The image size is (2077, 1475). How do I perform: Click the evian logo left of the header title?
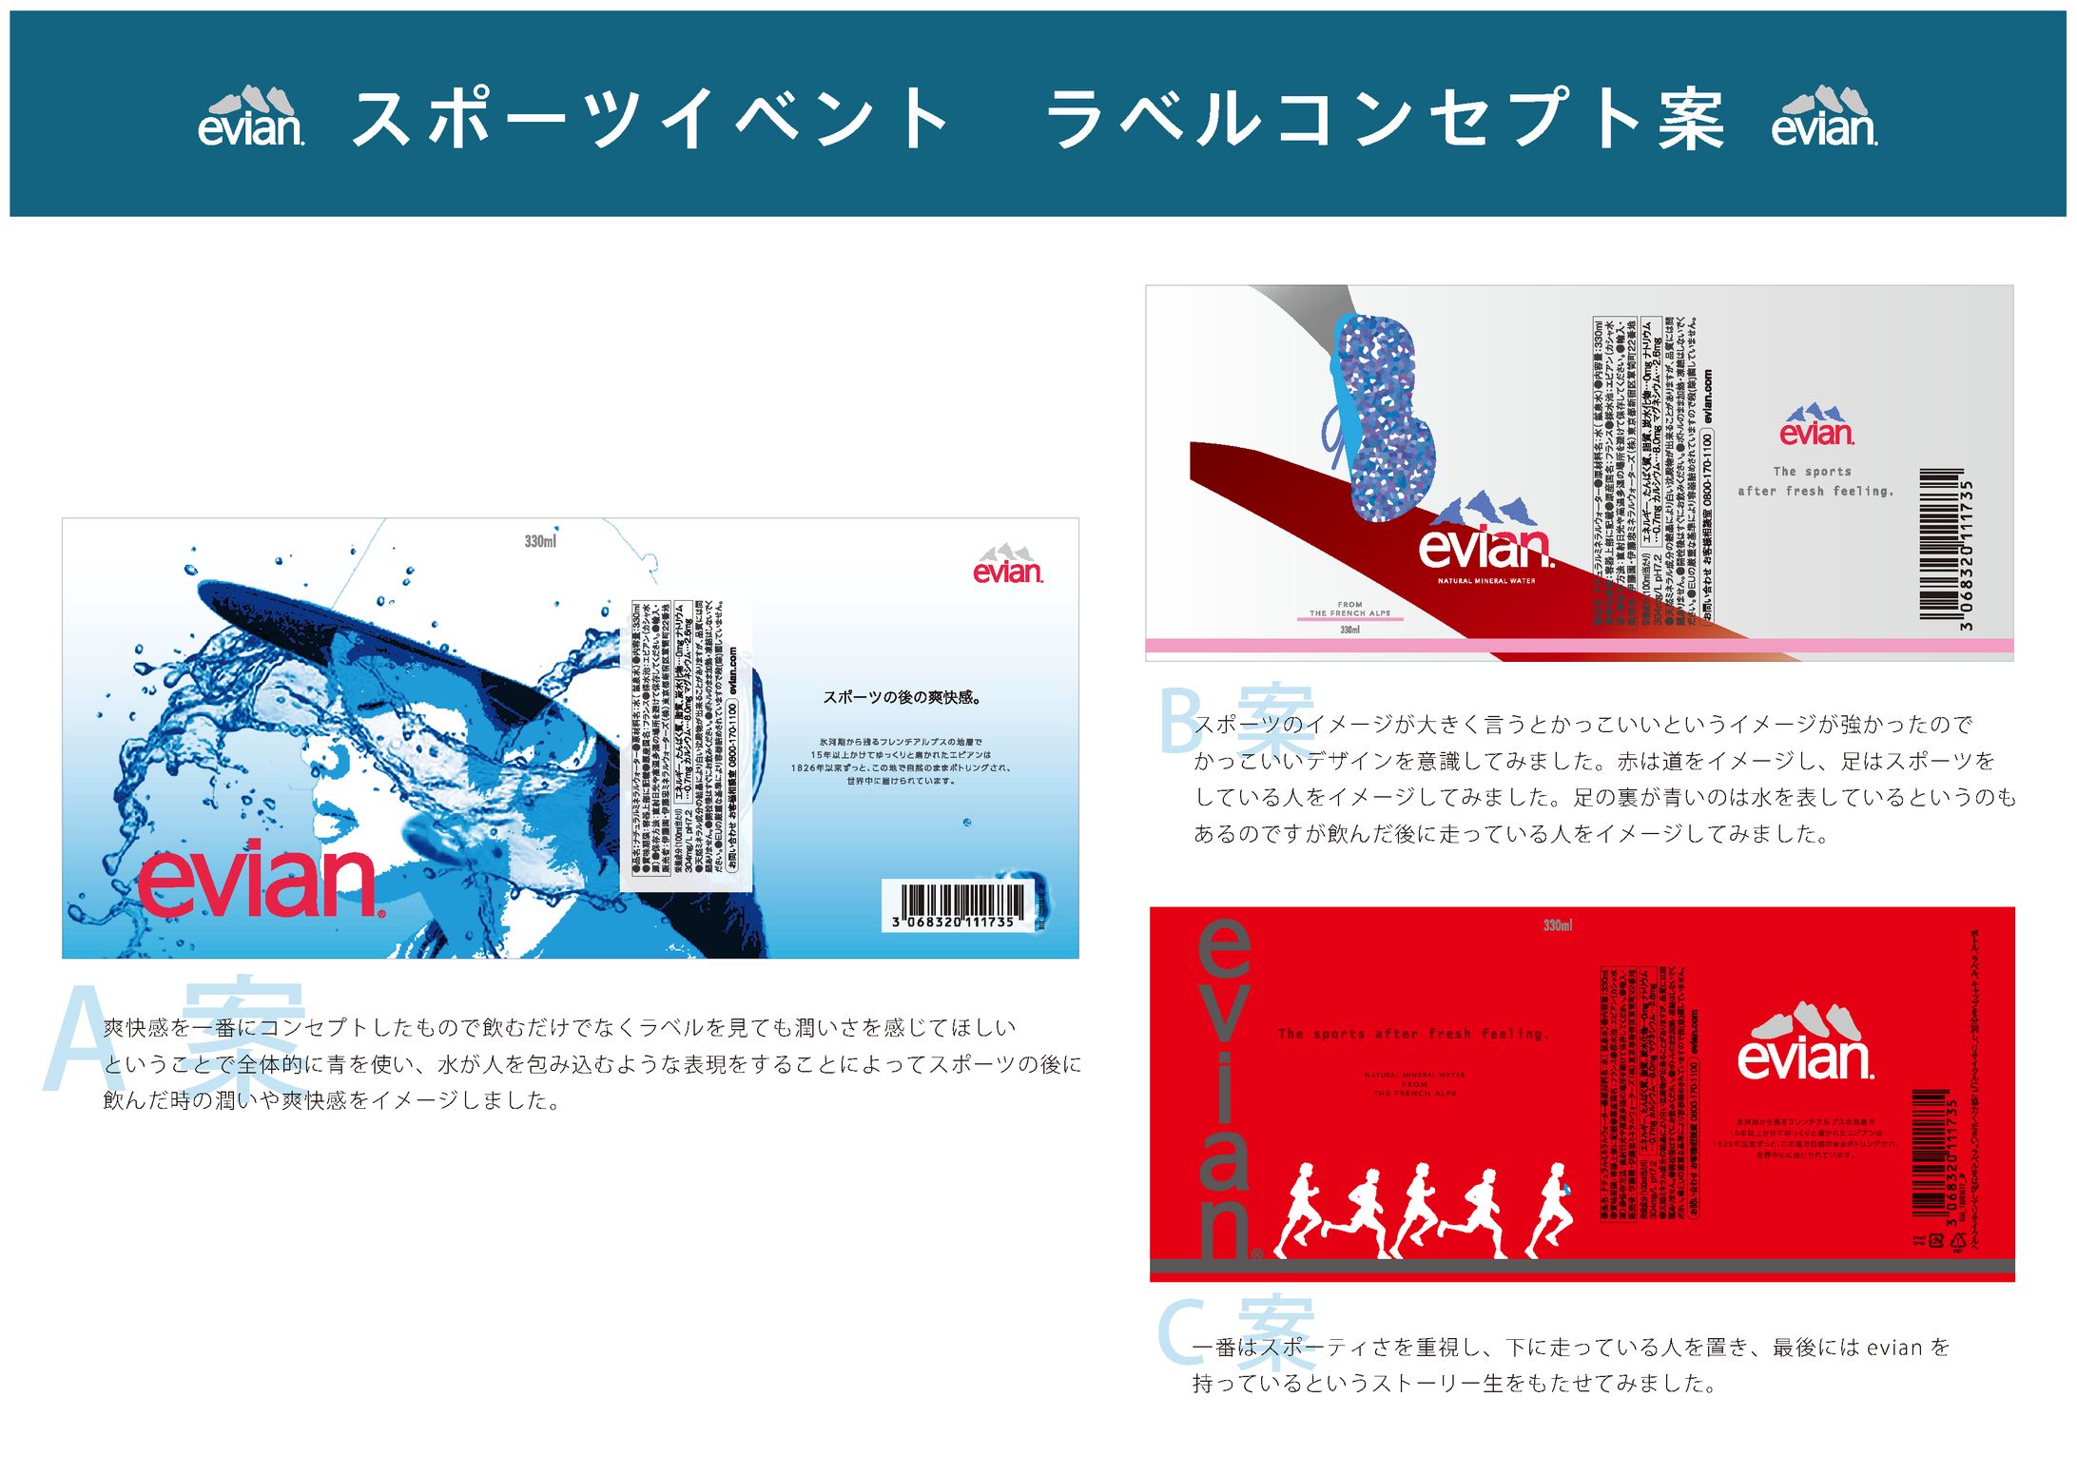251,118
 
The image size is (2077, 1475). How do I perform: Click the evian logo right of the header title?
1824,118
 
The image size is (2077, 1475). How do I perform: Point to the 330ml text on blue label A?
540,541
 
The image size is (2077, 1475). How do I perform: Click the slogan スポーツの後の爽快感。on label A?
901,697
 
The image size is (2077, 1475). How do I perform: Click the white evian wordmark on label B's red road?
1485,548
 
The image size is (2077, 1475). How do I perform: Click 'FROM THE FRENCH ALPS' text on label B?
1349,609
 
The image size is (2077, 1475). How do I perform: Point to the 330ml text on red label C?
1557,925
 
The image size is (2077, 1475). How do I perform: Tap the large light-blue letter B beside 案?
1182,720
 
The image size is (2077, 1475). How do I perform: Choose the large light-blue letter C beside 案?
1182,1331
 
